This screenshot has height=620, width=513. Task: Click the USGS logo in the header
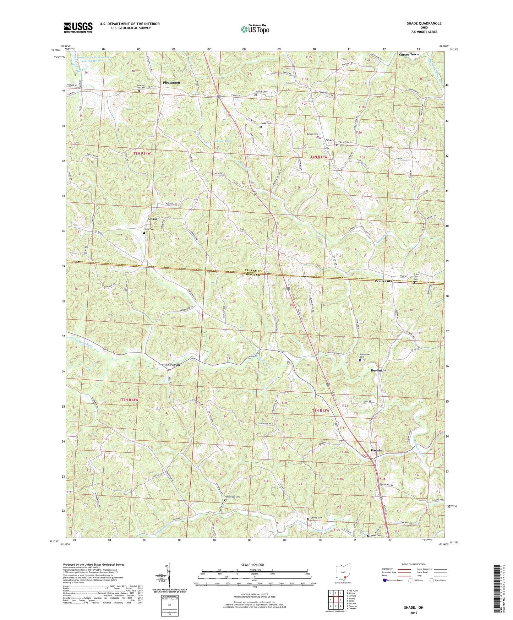click(78, 27)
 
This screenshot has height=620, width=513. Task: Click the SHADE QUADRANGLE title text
click(424, 23)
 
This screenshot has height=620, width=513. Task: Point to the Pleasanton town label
click(171, 82)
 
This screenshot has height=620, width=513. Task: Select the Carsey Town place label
click(408, 54)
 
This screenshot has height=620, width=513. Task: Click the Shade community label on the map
click(330, 140)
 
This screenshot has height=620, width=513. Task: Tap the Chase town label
click(153, 219)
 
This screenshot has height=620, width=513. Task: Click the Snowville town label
click(173, 365)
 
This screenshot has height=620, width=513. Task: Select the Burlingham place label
click(380, 370)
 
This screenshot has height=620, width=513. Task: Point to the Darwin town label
click(376, 450)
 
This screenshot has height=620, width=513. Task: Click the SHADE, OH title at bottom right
click(414, 608)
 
